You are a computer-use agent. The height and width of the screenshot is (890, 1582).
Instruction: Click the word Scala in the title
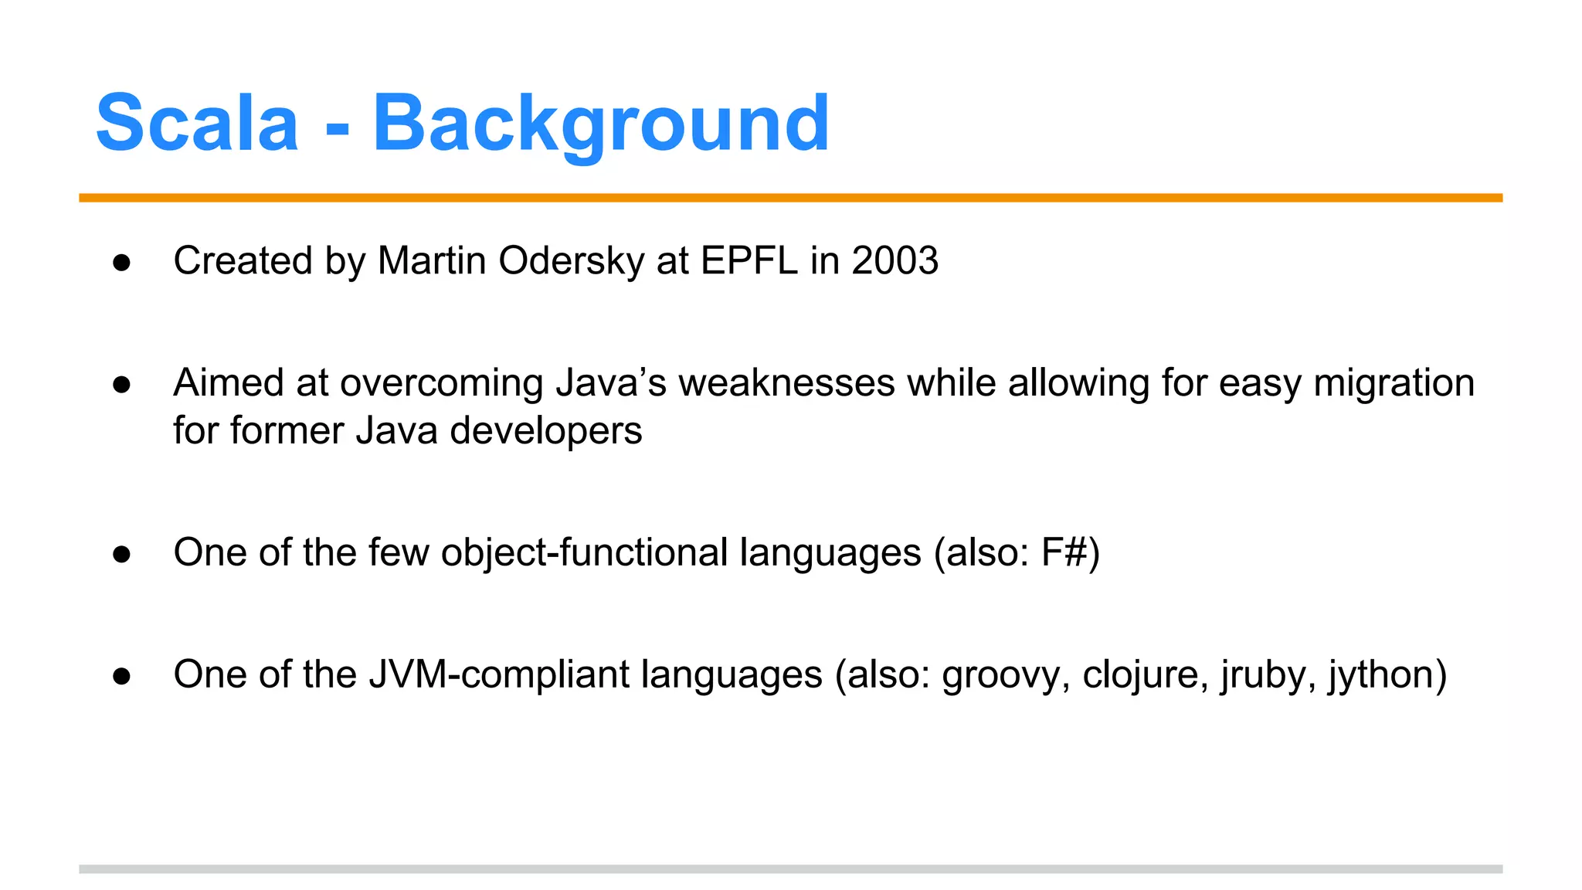(x=197, y=124)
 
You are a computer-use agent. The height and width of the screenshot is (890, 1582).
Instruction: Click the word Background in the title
(x=601, y=124)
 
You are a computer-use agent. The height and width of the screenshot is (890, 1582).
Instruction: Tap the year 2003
(x=895, y=260)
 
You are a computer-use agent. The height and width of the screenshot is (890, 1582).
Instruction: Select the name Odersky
(x=571, y=260)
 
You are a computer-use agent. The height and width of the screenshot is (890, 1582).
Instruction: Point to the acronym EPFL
(x=749, y=260)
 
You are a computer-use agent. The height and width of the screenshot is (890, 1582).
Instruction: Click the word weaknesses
(x=786, y=383)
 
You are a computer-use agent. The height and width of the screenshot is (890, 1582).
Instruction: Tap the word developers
(x=545, y=430)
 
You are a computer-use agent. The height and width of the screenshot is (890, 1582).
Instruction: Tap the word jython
(x=1380, y=674)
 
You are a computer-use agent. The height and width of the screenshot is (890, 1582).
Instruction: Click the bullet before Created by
(x=121, y=263)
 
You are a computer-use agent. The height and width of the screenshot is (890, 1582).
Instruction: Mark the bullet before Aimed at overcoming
(x=121, y=385)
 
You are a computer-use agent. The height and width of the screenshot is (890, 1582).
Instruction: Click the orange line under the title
(x=790, y=198)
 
